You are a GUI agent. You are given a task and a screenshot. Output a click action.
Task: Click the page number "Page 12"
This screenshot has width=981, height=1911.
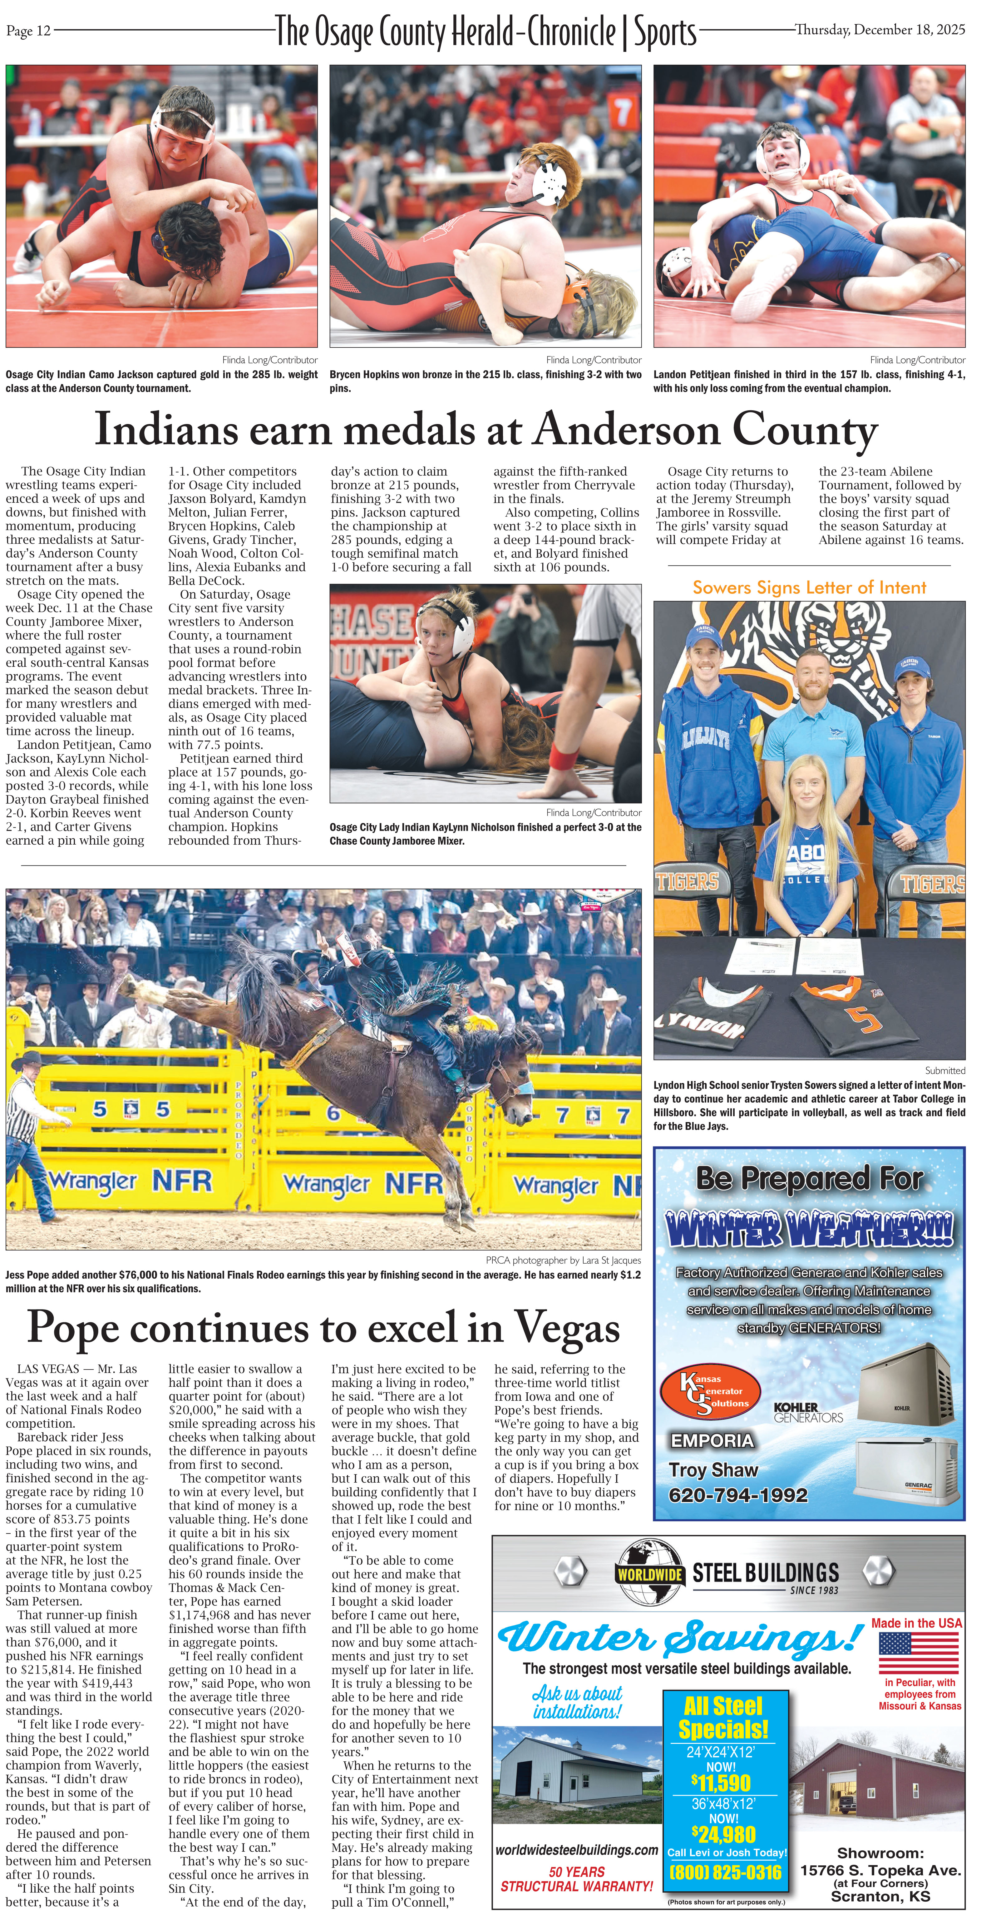pos(28,30)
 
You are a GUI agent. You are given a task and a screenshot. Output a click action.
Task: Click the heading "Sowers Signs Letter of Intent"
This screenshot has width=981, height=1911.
pos(809,587)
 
